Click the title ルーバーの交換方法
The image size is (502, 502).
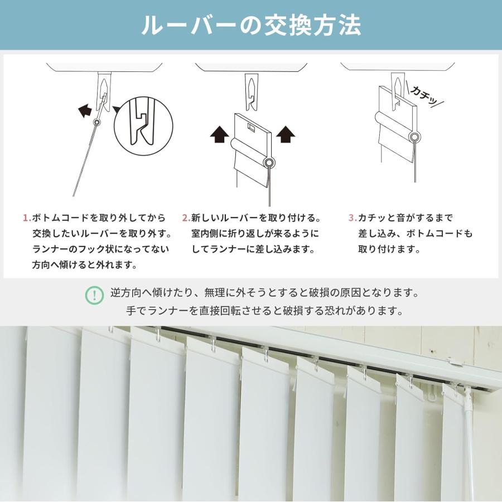[251, 25]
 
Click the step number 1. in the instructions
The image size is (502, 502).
[26, 218]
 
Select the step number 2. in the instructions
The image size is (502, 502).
[186, 218]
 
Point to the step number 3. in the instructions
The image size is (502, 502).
[352, 218]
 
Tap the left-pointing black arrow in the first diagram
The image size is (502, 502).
[85, 110]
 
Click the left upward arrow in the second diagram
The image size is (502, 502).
[219, 134]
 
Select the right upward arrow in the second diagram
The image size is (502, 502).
[286, 134]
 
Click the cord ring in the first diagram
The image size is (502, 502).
[98, 122]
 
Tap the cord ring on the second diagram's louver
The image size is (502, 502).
[269, 163]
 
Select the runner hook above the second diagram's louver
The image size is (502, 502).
[252, 89]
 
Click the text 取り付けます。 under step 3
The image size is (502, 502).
[389, 249]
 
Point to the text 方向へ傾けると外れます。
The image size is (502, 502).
[85, 265]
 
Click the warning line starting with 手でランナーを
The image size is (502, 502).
[264, 311]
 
